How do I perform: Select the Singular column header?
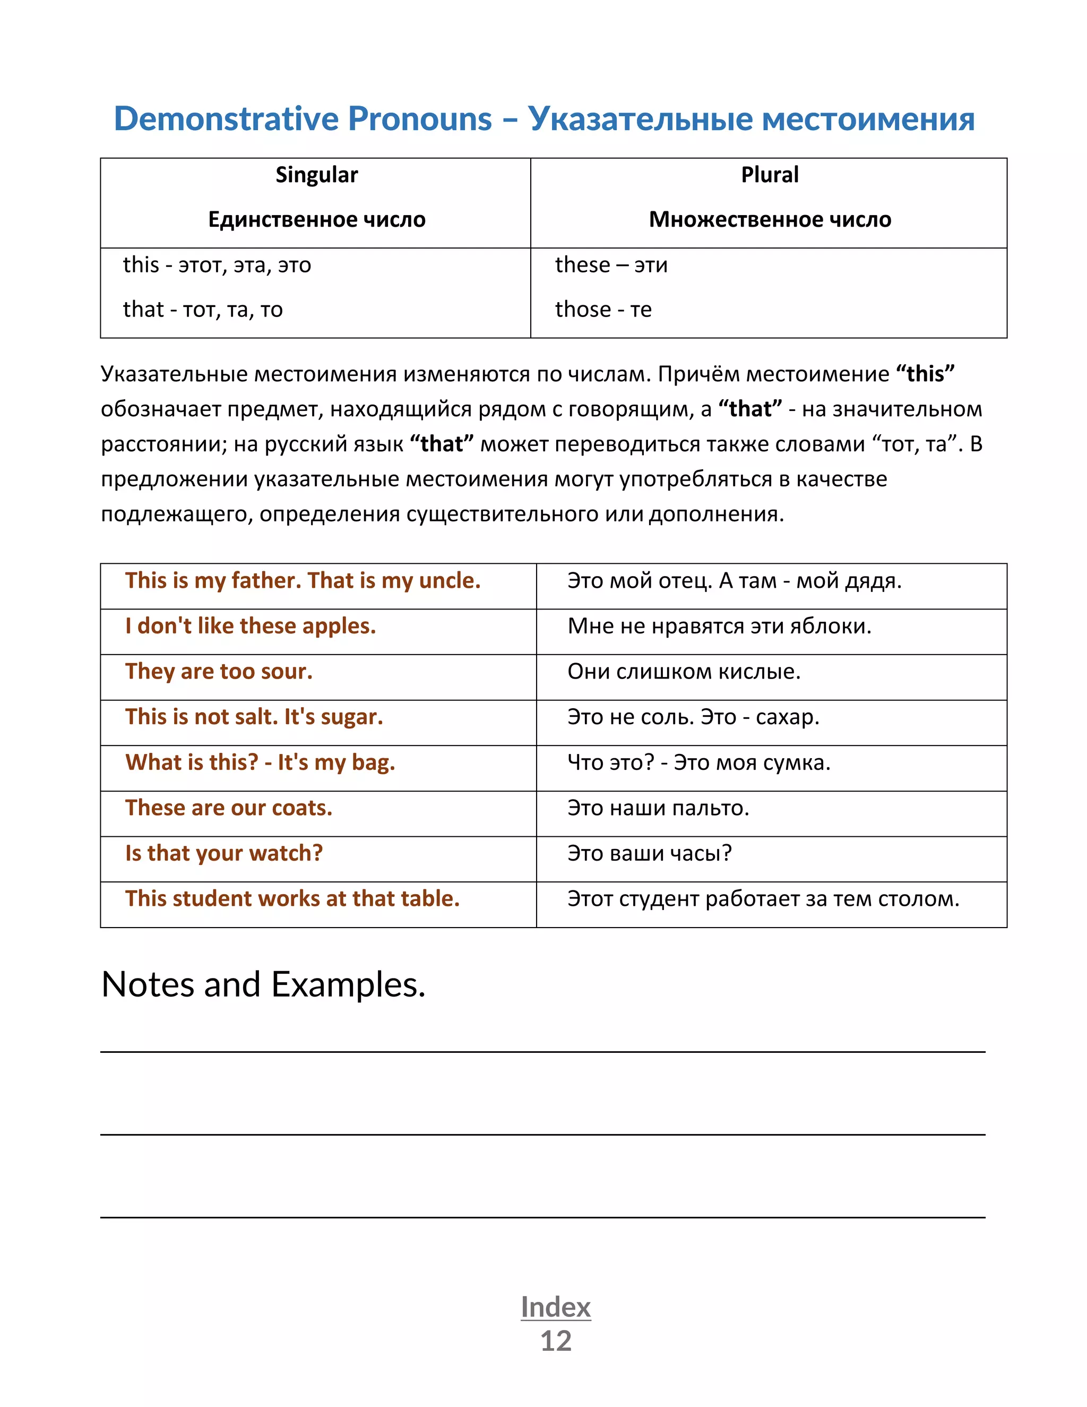pos(316,175)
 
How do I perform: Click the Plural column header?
pos(769,175)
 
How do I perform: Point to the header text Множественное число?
pos(770,220)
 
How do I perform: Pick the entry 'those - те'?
pos(603,309)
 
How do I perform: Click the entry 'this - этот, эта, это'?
pos(217,265)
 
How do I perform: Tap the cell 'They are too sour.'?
pos(219,671)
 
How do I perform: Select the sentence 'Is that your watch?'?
pos(223,853)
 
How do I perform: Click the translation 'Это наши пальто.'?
pos(658,808)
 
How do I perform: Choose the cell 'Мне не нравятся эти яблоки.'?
pos(719,626)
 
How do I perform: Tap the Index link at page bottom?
pos(556,1307)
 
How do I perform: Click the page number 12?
pos(556,1341)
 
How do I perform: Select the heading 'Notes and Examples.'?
pos(263,984)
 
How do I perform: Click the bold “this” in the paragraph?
pos(925,374)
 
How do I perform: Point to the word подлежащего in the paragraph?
pos(176,514)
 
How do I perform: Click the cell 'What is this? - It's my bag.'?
pos(260,762)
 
